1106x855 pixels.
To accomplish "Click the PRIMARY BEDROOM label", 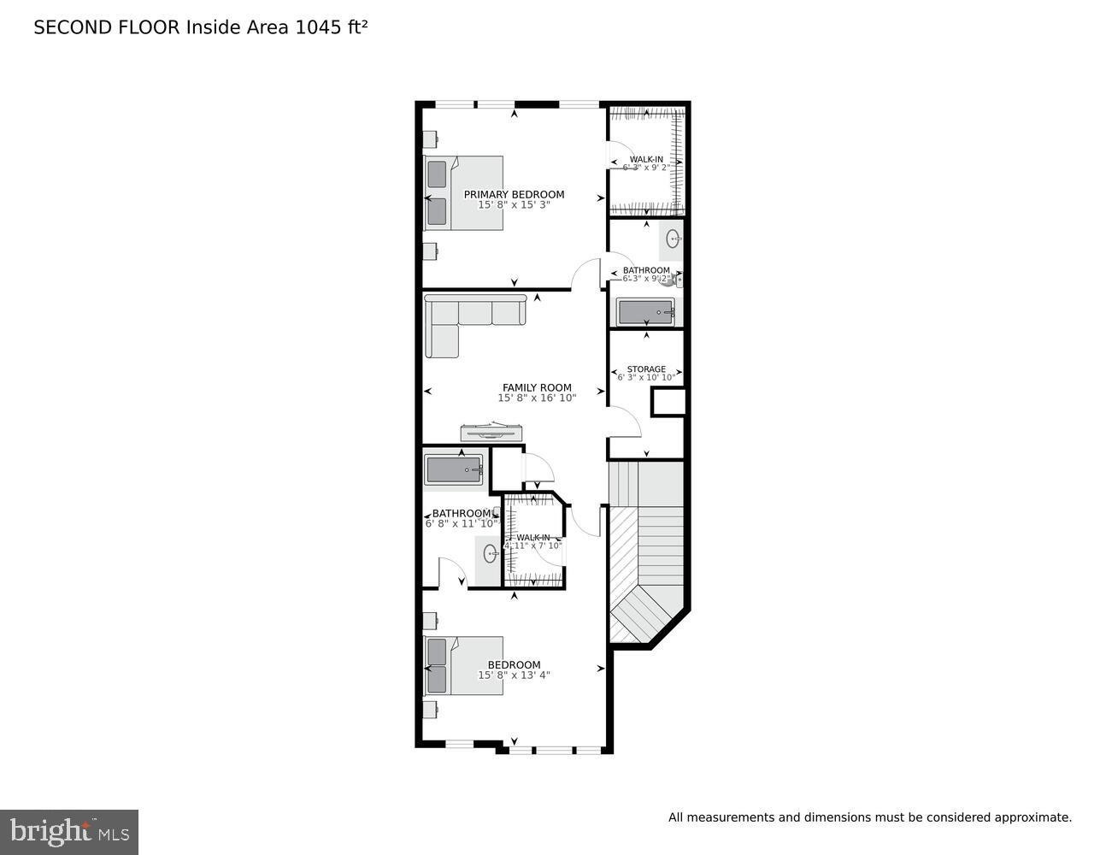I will (514, 194).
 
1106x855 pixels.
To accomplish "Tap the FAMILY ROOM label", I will (537, 387).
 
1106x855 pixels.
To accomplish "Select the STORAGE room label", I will (646, 369).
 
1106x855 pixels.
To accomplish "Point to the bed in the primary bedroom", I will (463, 192).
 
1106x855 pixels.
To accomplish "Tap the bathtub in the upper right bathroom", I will (645, 313).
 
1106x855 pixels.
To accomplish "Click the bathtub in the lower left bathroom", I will (454, 470).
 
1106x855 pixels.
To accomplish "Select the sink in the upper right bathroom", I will (674, 239).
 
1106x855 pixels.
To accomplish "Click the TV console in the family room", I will (491, 433).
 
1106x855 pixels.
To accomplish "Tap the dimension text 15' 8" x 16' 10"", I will (538, 398).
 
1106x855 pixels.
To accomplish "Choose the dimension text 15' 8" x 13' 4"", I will (514, 675).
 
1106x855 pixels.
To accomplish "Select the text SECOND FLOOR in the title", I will (107, 27).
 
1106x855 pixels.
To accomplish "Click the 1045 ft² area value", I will (332, 27).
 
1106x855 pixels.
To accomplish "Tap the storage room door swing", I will (624, 421).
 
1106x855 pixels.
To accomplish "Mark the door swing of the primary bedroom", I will (588, 274).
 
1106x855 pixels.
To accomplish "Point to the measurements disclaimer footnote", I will (869, 818).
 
